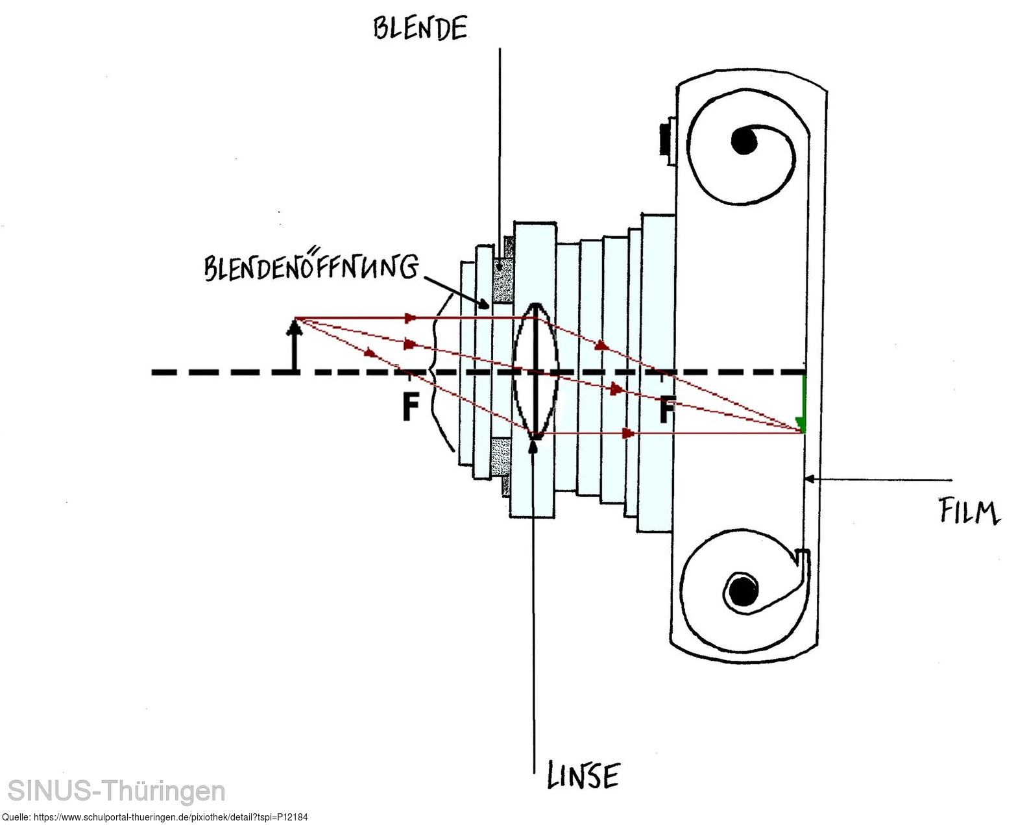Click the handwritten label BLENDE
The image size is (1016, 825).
tap(420, 29)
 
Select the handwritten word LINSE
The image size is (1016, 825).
tap(583, 775)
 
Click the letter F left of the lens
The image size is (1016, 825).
tap(409, 407)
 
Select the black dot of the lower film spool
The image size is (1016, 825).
tap(740, 590)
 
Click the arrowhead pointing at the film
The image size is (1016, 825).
tap(809, 480)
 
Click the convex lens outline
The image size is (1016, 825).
tap(535, 371)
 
